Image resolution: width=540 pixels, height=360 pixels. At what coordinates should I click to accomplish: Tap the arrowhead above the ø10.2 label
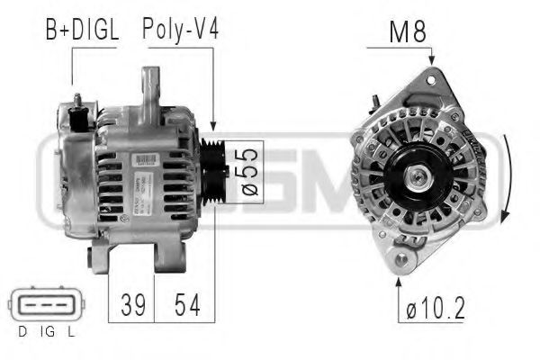399,280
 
